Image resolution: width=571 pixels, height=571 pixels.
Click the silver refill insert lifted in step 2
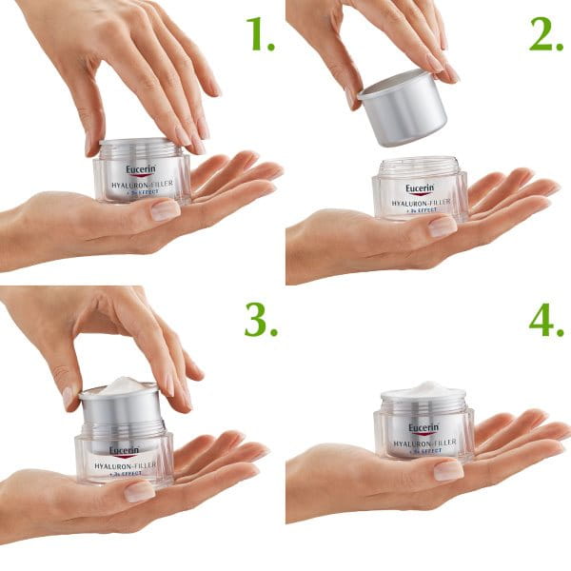(402, 107)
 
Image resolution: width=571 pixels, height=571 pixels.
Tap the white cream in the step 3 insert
(118, 384)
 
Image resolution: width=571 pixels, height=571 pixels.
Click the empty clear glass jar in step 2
(420, 190)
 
